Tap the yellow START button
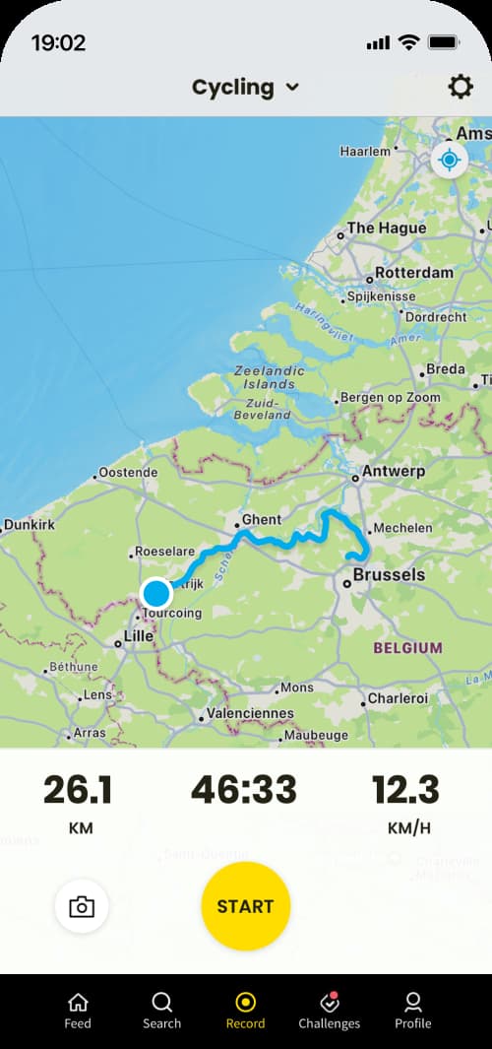(246, 906)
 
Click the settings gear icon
(461, 88)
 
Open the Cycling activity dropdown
(246, 88)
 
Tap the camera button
(82, 906)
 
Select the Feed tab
(78, 1011)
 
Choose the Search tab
(161, 1011)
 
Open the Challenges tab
(330, 1011)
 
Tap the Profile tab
(413, 1011)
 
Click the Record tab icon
(246, 1003)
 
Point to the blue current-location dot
(156, 594)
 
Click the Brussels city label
(389, 575)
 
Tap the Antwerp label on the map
(394, 471)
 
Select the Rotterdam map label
(414, 273)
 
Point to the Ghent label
(261, 519)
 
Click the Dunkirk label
(30, 526)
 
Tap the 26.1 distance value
(79, 790)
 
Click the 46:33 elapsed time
(245, 790)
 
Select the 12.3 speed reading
(405, 790)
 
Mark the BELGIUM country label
(406, 648)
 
